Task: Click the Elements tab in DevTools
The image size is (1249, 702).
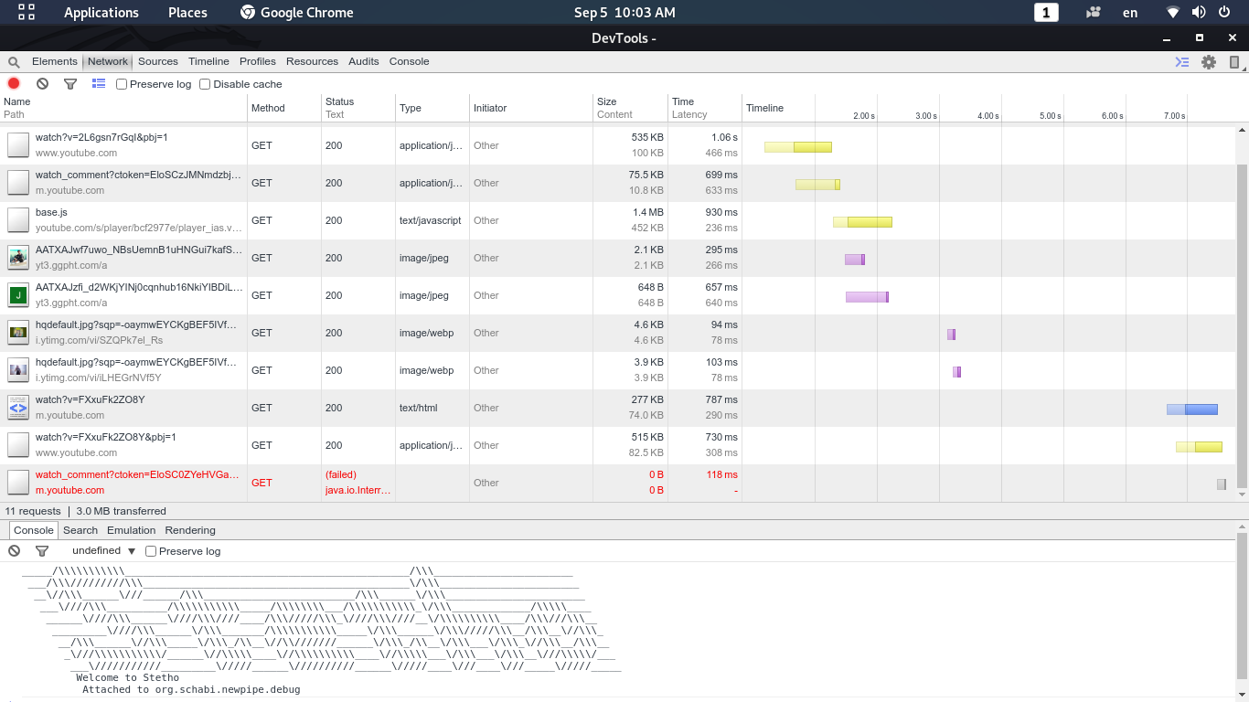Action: point(54,61)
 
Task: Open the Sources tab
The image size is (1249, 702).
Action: point(157,61)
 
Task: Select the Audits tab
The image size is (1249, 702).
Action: point(363,61)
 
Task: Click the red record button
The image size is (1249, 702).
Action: point(14,84)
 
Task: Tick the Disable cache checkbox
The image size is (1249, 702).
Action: point(205,84)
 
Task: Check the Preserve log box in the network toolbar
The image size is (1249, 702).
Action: point(122,84)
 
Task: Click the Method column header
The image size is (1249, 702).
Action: point(268,108)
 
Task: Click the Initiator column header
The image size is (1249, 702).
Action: point(490,108)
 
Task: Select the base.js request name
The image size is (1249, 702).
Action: point(51,212)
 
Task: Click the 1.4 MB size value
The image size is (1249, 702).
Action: point(648,212)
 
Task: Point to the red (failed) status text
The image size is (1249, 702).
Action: point(341,474)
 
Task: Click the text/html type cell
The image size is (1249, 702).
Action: point(418,408)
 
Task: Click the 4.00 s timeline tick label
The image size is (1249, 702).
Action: point(987,116)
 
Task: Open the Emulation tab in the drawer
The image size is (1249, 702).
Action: point(131,530)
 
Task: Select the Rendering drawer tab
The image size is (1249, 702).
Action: point(190,530)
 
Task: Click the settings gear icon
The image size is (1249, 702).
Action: point(1209,62)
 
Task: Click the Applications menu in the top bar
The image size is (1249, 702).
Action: point(101,13)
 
